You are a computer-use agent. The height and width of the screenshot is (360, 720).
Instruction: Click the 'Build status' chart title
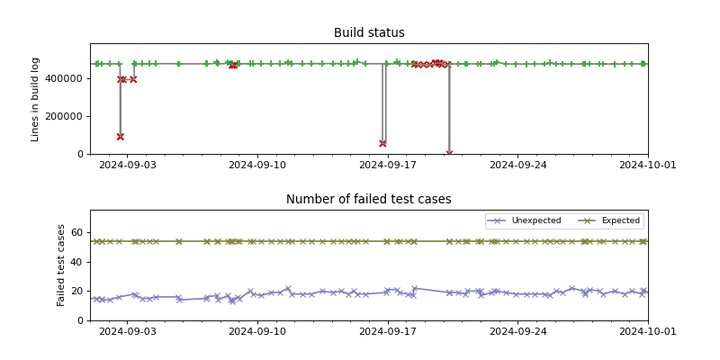(369, 33)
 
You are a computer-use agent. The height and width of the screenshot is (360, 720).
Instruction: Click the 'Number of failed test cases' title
(369, 200)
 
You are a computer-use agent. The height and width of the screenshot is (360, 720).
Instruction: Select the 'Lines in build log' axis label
(36, 99)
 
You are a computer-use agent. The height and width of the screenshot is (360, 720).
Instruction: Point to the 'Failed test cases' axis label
(61, 265)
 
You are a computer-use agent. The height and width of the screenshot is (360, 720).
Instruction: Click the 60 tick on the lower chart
(77, 232)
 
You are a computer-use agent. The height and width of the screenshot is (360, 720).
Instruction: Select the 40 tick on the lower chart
(77, 262)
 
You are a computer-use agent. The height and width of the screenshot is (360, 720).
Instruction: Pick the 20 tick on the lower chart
(77, 291)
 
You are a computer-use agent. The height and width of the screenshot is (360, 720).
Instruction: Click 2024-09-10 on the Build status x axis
(257, 165)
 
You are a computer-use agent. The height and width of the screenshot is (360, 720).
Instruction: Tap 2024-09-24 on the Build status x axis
(517, 165)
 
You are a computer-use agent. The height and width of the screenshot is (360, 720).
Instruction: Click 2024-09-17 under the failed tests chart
(387, 331)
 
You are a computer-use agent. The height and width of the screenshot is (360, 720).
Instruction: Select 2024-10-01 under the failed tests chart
(647, 331)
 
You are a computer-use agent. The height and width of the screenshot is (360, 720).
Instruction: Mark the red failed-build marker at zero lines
(449, 153)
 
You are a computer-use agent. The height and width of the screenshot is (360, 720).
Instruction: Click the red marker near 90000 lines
(120, 137)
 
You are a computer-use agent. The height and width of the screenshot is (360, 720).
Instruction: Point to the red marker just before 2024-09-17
(382, 143)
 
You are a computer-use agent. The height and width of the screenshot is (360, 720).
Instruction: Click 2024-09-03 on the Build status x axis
(127, 165)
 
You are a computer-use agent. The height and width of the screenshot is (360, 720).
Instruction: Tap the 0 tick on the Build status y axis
(81, 154)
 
